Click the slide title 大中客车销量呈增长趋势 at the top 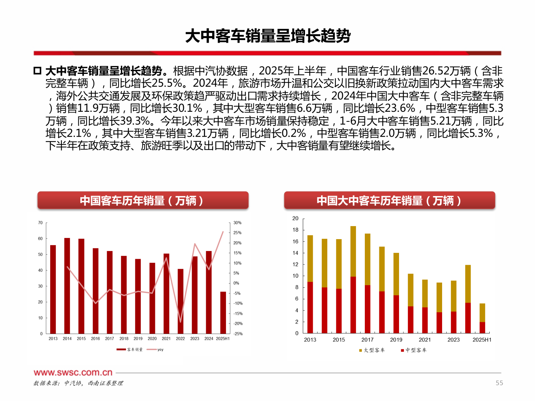(267, 36)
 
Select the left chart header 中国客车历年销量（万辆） (143, 200)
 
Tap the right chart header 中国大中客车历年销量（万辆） (389, 200)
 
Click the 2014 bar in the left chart (67, 286)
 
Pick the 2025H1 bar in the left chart (223, 313)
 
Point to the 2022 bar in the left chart (181, 301)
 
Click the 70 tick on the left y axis (40, 223)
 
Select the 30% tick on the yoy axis (237, 223)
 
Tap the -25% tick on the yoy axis (238, 334)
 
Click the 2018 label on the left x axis (124, 339)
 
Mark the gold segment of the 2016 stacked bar (353, 251)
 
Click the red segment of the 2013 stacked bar (310, 307)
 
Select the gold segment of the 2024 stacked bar (468, 284)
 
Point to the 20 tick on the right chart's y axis (295, 218)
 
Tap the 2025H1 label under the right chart (482, 340)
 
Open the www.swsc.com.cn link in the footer (73, 372)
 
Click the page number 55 (499, 383)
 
